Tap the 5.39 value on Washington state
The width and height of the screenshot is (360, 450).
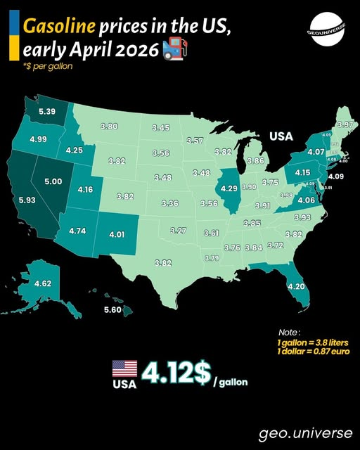(47, 112)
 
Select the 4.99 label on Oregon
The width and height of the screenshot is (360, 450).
(38, 140)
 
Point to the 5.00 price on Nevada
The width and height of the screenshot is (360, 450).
(53, 181)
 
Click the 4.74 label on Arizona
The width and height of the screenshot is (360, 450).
(77, 231)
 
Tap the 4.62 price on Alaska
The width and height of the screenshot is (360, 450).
(43, 284)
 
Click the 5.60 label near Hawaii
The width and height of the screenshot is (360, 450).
(112, 310)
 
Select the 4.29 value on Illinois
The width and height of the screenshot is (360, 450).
(229, 188)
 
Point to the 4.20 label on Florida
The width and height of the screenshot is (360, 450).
(296, 286)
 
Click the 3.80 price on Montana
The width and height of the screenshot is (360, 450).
(108, 126)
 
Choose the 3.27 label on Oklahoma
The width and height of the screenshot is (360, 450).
(178, 231)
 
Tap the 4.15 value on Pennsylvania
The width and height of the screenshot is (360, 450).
(302, 172)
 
